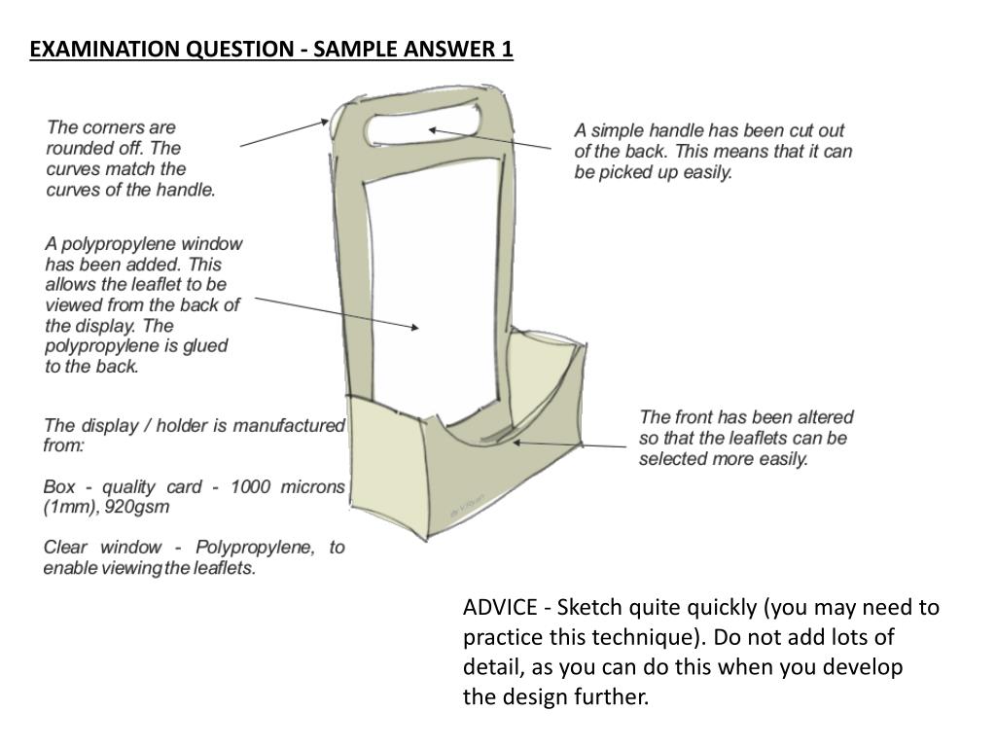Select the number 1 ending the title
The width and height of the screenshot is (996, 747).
(507, 50)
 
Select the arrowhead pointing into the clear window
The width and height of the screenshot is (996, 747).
(416, 329)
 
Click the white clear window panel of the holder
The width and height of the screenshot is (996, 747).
(433, 292)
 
